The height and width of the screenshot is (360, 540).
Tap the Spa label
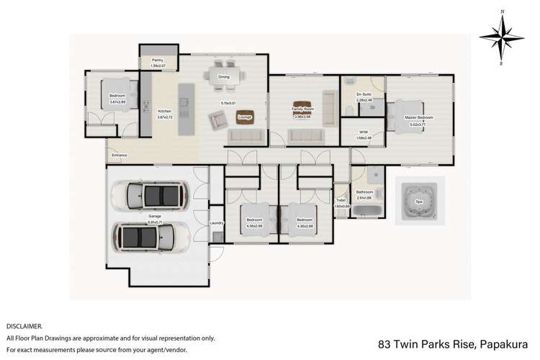point(418,202)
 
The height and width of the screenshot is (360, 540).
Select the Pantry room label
point(158,63)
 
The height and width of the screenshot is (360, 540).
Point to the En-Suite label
point(364,94)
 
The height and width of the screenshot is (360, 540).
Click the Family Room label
point(301,108)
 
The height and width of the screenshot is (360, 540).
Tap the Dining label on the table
point(224,76)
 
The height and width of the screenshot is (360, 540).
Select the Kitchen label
point(165,111)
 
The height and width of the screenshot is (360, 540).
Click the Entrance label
point(119,155)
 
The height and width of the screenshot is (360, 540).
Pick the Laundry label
point(217,223)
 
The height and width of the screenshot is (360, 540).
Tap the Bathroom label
point(364,192)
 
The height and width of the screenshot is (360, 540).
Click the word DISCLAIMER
point(24,325)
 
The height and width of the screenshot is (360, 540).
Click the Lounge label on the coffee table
point(243,117)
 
